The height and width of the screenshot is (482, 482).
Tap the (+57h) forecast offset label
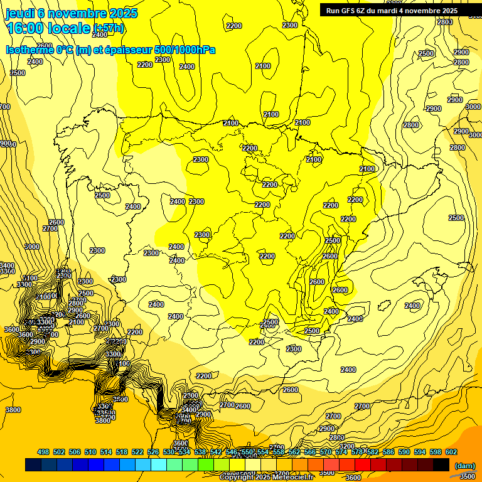(x=109, y=28)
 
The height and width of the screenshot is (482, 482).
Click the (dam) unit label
(x=465, y=466)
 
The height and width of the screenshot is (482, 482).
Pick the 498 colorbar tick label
(x=43, y=452)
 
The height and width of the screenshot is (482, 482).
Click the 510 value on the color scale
(x=90, y=452)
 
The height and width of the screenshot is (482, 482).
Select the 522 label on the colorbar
(x=137, y=452)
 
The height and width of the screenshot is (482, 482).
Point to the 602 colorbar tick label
(x=451, y=452)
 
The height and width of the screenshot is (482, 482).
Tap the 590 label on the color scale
(x=404, y=452)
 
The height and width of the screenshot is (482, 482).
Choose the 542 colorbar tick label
(x=216, y=452)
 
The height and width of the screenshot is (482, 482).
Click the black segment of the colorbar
(x=441, y=464)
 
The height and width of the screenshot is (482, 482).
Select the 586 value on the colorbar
(x=388, y=452)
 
